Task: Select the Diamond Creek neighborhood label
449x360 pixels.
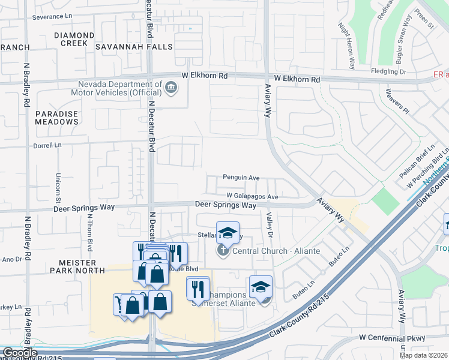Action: point(74,35)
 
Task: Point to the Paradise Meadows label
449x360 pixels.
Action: point(56,118)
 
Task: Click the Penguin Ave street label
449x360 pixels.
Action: point(241,178)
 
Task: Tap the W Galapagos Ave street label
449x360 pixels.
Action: point(252,196)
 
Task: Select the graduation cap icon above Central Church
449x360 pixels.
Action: point(228,232)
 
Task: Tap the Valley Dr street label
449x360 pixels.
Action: point(270,226)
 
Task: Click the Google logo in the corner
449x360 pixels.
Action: point(19,353)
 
